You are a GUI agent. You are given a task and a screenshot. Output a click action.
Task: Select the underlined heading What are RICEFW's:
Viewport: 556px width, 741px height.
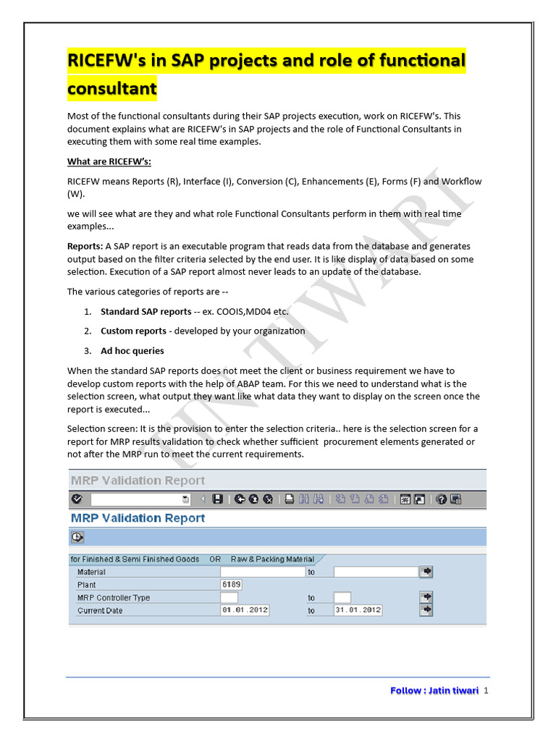pyautogui.click(x=109, y=161)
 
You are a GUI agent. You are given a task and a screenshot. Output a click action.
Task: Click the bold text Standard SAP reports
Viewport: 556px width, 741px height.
pyautogui.click(x=146, y=311)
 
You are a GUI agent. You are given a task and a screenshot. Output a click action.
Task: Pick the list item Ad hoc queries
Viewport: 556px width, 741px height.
pyautogui.click(x=132, y=350)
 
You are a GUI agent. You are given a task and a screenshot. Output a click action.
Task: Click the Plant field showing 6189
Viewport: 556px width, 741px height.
pyautogui.click(x=231, y=585)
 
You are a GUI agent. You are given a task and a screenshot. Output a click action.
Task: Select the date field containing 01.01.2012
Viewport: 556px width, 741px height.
pyautogui.click(x=245, y=610)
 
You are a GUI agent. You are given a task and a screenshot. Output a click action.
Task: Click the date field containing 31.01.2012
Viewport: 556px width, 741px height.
pyautogui.click(x=358, y=610)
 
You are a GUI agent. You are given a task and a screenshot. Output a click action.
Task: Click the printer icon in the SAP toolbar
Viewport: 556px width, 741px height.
pyautogui.click(x=288, y=499)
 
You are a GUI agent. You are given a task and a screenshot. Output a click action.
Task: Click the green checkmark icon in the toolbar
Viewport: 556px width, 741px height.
pyautogui.click(x=77, y=499)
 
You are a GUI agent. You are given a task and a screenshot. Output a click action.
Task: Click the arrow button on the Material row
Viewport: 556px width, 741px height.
pyautogui.click(x=427, y=572)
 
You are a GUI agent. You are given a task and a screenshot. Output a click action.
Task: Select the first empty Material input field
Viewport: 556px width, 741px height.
pyautogui.click(x=262, y=572)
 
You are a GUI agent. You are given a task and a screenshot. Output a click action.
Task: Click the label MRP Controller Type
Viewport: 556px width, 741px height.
pyautogui.click(x=114, y=598)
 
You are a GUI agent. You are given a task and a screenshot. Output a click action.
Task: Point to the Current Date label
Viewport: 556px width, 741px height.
pyautogui.click(x=100, y=611)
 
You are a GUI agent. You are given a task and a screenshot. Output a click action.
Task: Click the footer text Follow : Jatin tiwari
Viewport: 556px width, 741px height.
pyautogui.click(x=434, y=690)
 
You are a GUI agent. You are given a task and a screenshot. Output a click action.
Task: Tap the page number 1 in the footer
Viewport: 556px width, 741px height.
pyautogui.click(x=486, y=690)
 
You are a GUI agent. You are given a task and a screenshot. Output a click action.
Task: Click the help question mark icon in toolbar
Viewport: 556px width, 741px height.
pyautogui.click(x=440, y=499)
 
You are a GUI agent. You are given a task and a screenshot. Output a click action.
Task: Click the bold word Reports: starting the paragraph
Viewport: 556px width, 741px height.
pyautogui.click(x=85, y=246)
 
